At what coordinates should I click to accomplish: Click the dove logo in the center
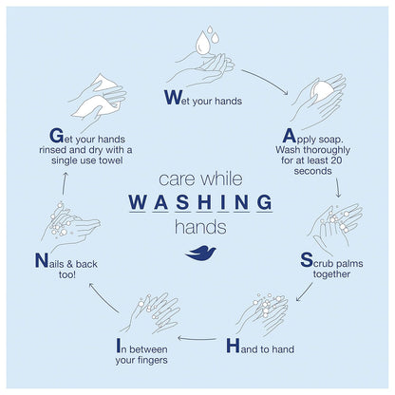(x=200, y=254)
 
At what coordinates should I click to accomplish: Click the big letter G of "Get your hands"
(x=57, y=136)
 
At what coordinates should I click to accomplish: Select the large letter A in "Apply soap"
(x=289, y=136)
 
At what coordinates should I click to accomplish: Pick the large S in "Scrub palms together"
(x=307, y=260)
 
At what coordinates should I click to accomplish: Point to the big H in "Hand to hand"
(x=233, y=346)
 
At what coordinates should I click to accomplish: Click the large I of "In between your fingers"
(x=119, y=346)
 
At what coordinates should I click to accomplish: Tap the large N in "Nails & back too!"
(x=42, y=260)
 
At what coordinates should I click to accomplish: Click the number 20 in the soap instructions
(x=335, y=160)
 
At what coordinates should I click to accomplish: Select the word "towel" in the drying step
(x=110, y=160)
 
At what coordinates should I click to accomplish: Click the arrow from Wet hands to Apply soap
(x=265, y=81)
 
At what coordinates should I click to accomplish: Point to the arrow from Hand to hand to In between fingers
(x=197, y=339)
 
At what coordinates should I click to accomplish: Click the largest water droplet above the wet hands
(x=202, y=43)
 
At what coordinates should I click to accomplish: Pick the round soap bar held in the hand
(x=322, y=89)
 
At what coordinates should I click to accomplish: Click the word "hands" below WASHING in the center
(x=200, y=227)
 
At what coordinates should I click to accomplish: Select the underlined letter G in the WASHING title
(x=265, y=202)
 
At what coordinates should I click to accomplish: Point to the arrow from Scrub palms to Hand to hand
(x=304, y=292)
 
